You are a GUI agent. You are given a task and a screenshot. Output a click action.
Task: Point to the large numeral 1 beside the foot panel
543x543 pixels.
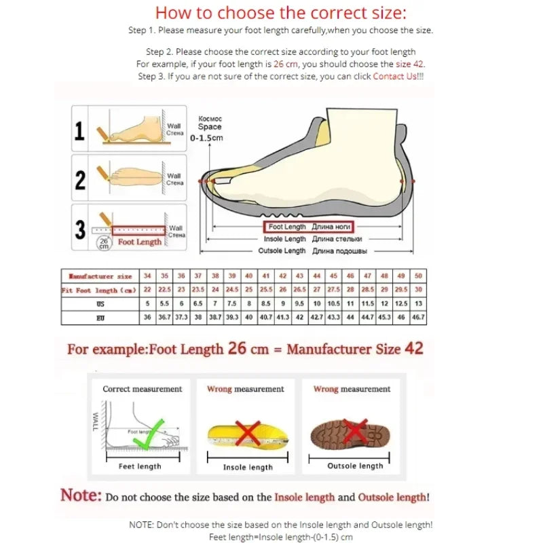(x=79, y=130)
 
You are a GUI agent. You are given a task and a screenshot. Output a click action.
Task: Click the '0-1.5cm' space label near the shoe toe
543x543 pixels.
(x=207, y=138)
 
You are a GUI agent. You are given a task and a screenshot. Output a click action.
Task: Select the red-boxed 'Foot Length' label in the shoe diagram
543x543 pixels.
(x=308, y=227)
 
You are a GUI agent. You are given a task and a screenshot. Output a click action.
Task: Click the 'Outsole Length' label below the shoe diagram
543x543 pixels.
(x=282, y=251)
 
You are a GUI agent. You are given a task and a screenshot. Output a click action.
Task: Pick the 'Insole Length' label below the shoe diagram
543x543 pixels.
(x=284, y=239)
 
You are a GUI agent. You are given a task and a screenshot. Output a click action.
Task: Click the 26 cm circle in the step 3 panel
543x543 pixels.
(x=104, y=243)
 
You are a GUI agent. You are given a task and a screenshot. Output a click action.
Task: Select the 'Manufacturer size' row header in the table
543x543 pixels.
(x=100, y=276)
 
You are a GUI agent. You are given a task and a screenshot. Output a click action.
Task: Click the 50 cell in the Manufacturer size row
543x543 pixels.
(x=418, y=276)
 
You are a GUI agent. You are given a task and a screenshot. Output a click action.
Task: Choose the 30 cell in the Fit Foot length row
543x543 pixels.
(x=418, y=290)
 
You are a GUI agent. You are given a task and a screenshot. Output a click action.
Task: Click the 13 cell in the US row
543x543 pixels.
(x=418, y=303)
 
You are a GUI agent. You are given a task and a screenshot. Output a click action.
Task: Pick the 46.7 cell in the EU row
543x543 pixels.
(x=418, y=317)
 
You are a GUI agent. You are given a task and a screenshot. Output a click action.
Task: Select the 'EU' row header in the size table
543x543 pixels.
(x=100, y=317)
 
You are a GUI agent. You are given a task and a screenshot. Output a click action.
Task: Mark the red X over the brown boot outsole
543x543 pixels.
(x=355, y=429)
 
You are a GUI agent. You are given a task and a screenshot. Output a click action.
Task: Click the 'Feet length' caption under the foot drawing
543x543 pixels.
(x=140, y=466)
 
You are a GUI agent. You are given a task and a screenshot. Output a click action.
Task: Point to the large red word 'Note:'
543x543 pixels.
(x=81, y=495)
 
